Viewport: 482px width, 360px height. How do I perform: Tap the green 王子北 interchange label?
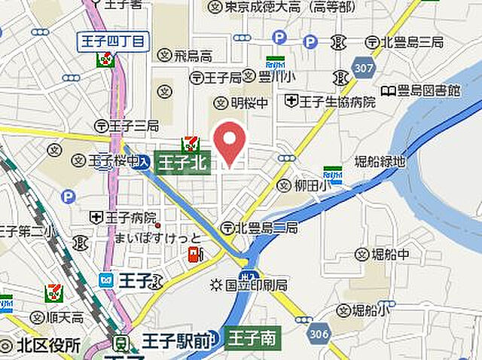coord(182,160)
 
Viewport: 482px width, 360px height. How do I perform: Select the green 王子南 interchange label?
coord(252,338)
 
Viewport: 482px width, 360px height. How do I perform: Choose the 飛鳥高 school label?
coord(185,55)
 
